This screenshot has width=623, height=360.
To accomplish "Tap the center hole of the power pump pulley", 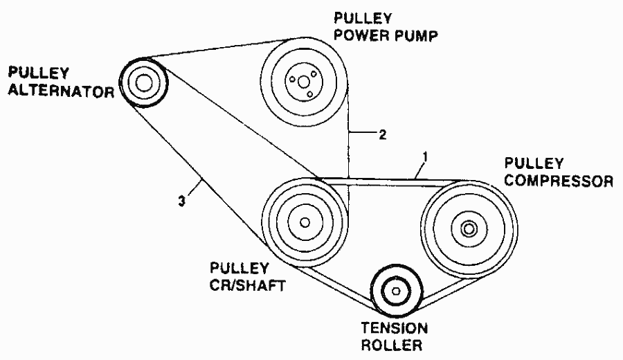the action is click(x=304, y=82).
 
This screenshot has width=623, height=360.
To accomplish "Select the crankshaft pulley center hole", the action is click(x=305, y=222).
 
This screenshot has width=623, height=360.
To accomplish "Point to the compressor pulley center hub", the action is click(x=469, y=229).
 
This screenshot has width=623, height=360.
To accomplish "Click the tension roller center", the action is click(x=396, y=291).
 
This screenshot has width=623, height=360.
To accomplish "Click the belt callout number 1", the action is click(x=425, y=158).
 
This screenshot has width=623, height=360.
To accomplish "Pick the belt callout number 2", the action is click(x=383, y=135).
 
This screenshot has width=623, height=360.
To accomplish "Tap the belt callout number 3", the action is click(x=181, y=202).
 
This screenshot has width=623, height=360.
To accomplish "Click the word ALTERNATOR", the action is click(x=61, y=91).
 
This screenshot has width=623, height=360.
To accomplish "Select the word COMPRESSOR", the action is click(x=559, y=181).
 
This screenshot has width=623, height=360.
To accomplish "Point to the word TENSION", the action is click(x=394, y=328).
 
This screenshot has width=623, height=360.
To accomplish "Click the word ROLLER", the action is click(x=391, y=345).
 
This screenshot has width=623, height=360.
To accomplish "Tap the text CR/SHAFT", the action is click(x=248, y=285).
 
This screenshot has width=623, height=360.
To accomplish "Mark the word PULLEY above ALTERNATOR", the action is click(x=39, y=73).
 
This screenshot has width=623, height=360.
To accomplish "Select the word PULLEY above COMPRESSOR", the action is click(x=534, y=163).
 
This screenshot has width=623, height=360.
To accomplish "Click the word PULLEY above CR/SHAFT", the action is click(x=240, y=268).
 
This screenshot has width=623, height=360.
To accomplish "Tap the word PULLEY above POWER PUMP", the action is click(x=363, y=18).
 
